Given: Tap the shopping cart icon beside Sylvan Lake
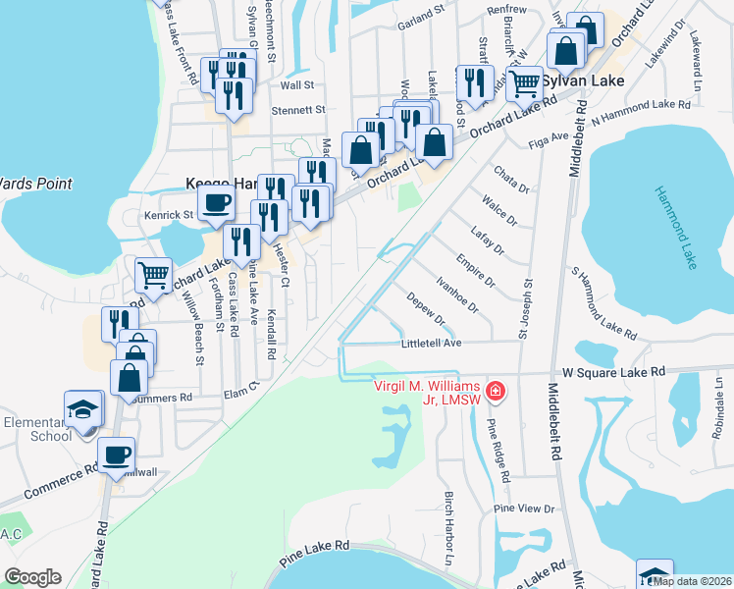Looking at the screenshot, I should click(x=525, y=82).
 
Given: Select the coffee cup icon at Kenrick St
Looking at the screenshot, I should click(x=216, y=203).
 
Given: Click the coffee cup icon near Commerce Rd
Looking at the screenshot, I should click(x=117, y=455).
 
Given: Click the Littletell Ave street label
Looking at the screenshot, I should click(x=431, y=344).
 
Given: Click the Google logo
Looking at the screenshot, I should click(x=32, y=577).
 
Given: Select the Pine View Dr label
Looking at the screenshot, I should click(x=524, y=509).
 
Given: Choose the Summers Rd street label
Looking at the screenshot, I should click(x=168, y=398).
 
